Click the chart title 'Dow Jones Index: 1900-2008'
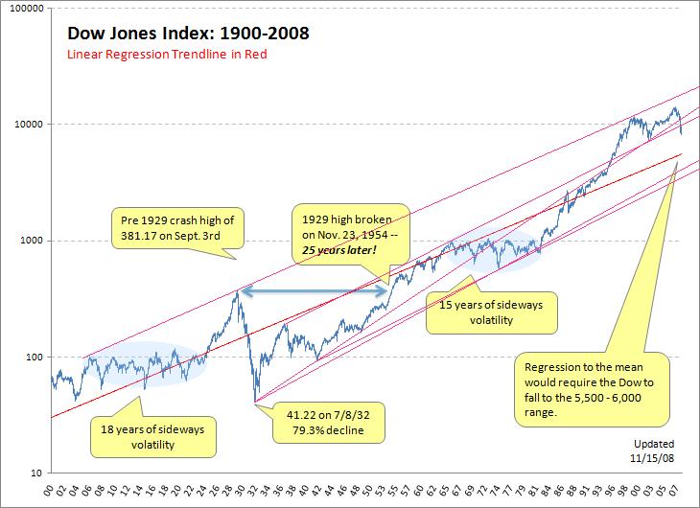[188, 35]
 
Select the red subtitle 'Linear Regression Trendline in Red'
[166, 55]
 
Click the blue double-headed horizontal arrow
[313, 290]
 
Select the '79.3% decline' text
[329, 428]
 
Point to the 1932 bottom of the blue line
[255, 403]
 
